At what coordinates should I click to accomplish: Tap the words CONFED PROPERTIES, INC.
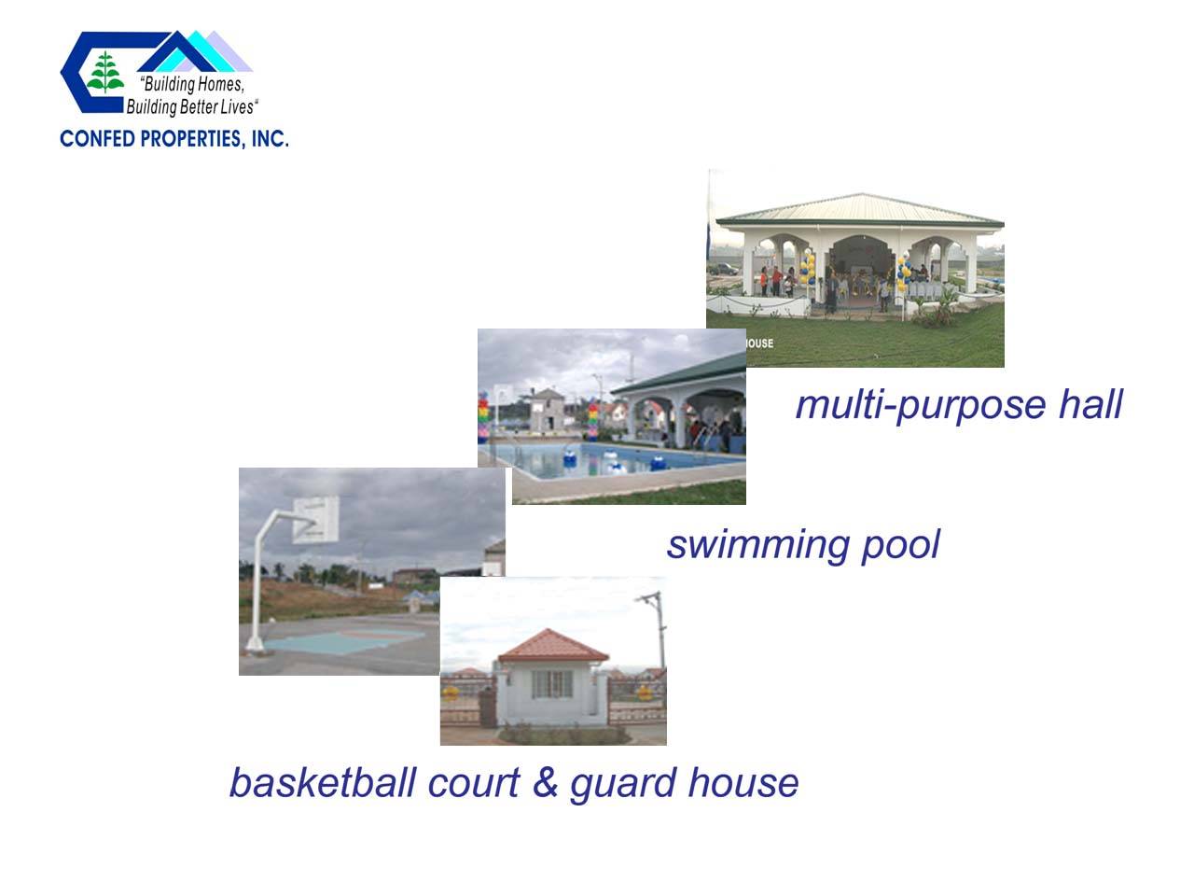point(174,139)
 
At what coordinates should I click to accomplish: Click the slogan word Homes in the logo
point(220,84)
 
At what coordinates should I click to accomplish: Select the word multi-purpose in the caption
point(921,406)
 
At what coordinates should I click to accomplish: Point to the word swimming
point(757,545)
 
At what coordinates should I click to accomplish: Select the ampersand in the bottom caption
point(545,782)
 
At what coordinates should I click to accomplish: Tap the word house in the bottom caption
point(743,782)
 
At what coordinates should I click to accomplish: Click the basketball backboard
point(315,519)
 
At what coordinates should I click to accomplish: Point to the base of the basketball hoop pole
point(255,645)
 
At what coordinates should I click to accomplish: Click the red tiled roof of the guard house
point(552,646)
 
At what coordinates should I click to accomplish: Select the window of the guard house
point(551,684)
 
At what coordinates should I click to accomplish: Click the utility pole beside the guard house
point(659,631)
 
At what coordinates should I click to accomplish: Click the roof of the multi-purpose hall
point(861,209)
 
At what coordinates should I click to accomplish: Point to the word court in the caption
point(473,782)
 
